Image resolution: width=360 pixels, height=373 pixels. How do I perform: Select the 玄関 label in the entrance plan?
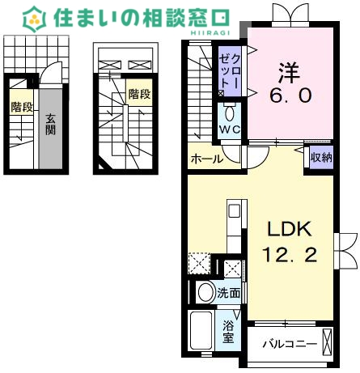coord(50,123)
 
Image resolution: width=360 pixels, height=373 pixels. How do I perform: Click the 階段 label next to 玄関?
coord(21,107)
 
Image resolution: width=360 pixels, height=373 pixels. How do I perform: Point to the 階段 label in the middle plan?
coord(139,95)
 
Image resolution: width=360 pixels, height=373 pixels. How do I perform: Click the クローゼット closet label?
coord(228,71)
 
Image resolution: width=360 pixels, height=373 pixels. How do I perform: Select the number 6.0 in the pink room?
coord(290,95)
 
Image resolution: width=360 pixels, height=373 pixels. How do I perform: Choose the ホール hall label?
coord(206,159)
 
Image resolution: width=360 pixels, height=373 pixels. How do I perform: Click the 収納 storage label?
coord(321,158)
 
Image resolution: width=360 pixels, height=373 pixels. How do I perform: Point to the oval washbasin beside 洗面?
coord(205,293)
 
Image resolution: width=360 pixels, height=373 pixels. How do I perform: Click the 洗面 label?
coord(229,293)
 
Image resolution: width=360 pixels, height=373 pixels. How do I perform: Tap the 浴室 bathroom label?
coord(229,333)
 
